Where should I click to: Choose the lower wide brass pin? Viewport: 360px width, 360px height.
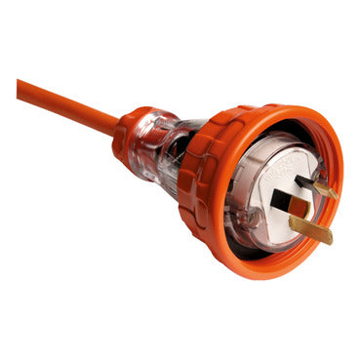(x=307, y=226)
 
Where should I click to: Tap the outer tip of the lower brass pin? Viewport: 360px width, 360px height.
(x=328, y=237)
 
